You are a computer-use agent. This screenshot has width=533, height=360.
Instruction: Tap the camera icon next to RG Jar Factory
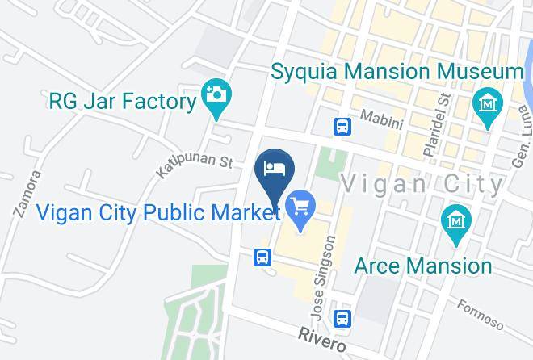[x=216, y=94]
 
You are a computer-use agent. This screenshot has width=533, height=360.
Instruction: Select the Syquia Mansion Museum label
[x=397, y=72]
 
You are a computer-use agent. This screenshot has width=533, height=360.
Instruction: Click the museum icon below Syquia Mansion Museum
[x=488, y=104]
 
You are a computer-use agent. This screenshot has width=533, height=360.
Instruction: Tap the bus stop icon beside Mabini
[x=343, y=127]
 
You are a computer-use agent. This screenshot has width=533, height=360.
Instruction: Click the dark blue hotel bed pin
[x=275, y=170]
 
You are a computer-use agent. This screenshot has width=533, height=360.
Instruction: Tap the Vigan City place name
[x=421, y=184]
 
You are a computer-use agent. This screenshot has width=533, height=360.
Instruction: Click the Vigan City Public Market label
[x=158, y=213]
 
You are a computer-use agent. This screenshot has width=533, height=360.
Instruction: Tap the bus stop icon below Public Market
[x=263, y=257]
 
